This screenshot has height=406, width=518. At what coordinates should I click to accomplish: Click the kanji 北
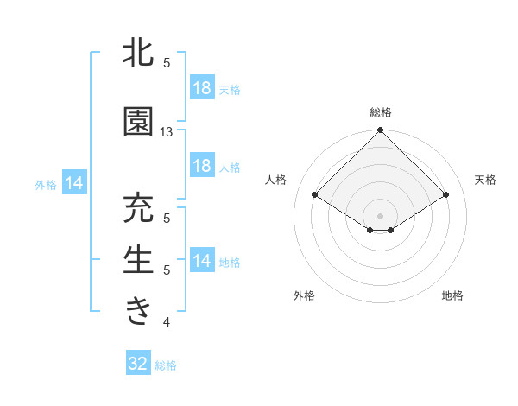[139, 53]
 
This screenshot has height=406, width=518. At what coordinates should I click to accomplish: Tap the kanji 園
[139, 123]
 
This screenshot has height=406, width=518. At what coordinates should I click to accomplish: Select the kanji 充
[139, 209]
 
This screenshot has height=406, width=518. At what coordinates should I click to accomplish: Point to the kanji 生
[139, 260]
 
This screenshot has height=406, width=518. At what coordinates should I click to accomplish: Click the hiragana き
[139, 310]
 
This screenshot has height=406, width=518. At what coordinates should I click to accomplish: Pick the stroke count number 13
[167, 132]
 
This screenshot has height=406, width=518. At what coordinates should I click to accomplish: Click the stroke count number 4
[167, 323]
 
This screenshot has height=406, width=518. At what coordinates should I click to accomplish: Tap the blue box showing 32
[138, 365]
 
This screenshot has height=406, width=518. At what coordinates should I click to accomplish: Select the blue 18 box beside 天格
[201, 88]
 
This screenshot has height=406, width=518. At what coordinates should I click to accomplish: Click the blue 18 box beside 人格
[201, 166]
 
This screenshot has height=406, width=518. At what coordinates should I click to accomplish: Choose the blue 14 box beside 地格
[201, 261]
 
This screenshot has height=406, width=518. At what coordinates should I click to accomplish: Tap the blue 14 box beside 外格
[74, 183]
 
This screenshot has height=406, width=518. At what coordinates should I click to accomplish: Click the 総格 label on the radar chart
[381, 112]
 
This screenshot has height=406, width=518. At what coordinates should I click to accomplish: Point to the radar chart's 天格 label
[486, 180]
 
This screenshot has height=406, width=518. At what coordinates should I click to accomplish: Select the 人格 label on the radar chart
[276, 180]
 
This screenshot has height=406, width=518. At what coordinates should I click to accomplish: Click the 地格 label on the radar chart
[452, 295]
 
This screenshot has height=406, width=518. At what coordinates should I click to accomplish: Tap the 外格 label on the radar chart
[304, 295]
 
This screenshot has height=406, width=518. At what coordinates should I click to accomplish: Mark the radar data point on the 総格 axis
[381, 130]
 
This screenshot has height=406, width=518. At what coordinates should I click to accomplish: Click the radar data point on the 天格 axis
[446, 195]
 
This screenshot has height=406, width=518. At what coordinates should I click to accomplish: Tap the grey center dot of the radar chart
[381, 215]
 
